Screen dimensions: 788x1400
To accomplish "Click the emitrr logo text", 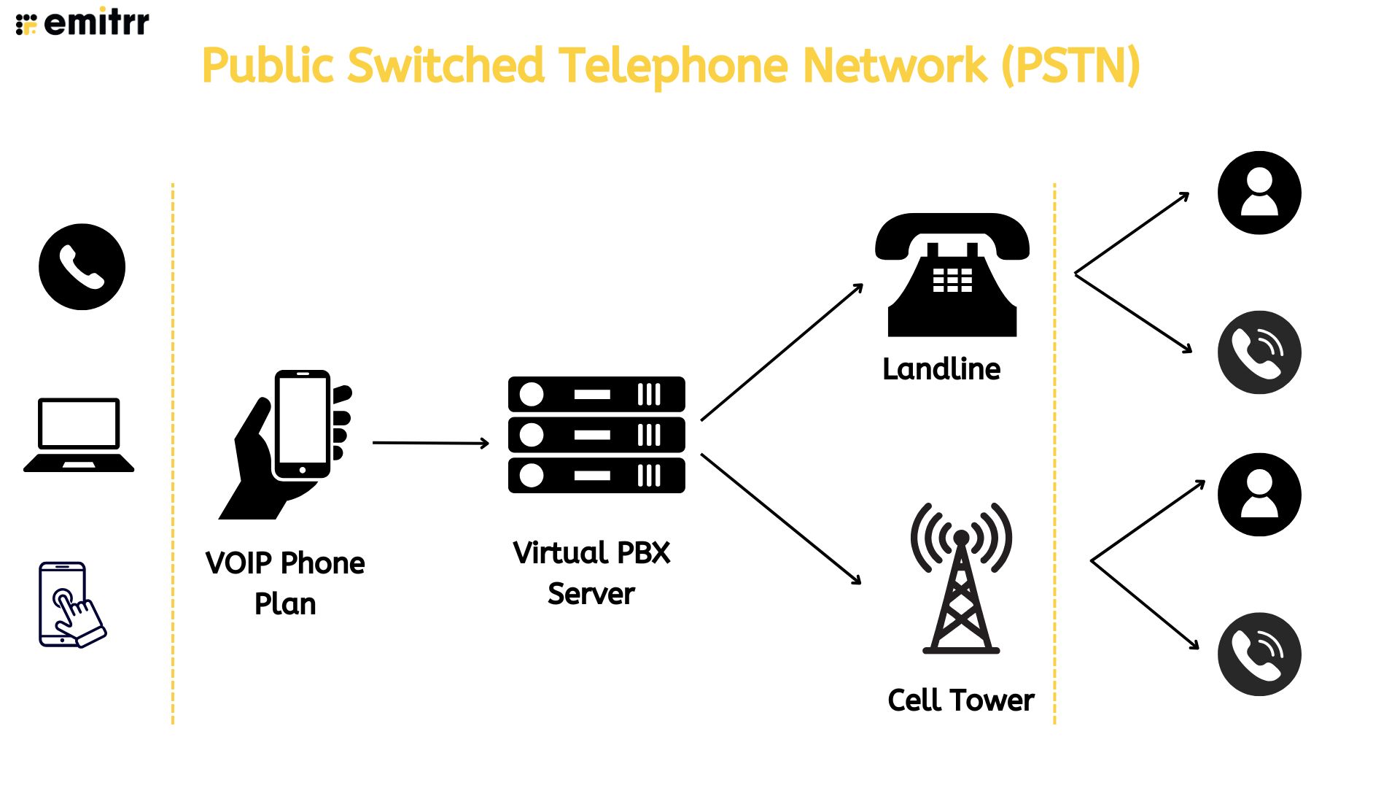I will pos(96,23).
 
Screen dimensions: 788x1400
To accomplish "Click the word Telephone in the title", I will pos(673,66).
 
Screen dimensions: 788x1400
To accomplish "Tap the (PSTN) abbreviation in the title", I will pos(1070,66).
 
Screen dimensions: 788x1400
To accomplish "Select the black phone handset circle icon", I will pos(82,267).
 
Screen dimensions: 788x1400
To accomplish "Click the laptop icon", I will pos(79,435).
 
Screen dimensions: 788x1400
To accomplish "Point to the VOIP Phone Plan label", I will pos(285,583).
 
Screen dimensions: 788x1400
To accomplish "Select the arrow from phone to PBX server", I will pos(430,443).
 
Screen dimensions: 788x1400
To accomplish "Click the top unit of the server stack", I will pos(596,395).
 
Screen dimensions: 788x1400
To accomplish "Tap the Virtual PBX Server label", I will pos(591,573).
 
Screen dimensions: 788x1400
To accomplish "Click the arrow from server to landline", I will pos(782,352).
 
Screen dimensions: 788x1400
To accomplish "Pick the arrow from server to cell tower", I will pos(781,519).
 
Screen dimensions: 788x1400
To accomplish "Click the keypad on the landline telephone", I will pos(952,279).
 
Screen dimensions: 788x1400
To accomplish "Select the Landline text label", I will pos(941,369).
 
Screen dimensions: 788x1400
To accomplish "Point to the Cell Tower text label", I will pos(960,700).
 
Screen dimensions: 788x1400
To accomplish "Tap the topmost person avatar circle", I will pos(1259,193).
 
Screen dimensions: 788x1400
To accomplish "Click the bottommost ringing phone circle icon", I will pos(1259,654).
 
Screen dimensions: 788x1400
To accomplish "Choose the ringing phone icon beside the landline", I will pos(1259,352).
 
